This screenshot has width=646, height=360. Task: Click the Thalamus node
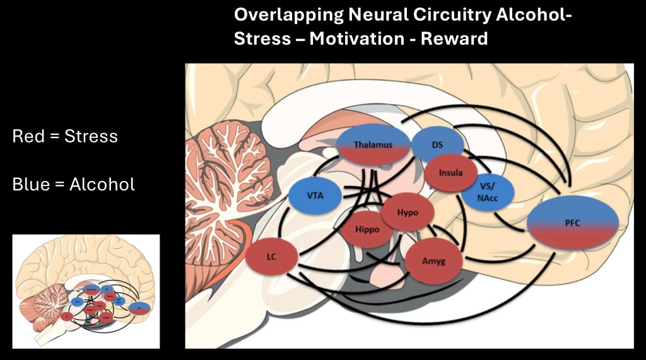373,146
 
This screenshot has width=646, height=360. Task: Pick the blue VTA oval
315,195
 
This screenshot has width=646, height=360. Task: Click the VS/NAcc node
486,192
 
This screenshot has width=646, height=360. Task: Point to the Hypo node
407,212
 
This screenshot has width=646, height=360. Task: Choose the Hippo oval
367,229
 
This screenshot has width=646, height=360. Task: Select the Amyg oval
434,259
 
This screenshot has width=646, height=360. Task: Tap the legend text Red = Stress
65,136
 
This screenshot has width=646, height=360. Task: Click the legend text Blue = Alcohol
73,185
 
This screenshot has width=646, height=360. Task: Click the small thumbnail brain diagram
86,291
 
